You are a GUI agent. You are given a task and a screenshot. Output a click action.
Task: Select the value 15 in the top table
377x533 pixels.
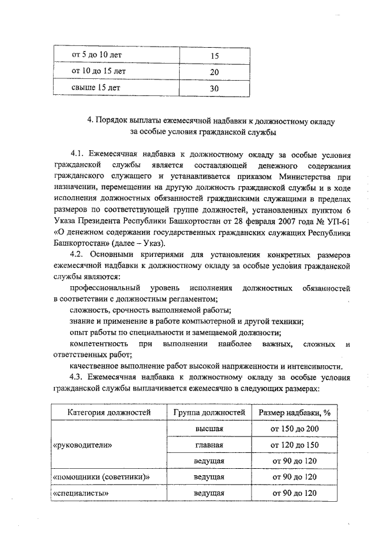click(x=214, y=56)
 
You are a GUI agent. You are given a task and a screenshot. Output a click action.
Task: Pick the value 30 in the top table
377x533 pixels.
click(x=214, y=88)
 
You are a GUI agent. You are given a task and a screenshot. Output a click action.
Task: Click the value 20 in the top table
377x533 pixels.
click(x=214, y=72)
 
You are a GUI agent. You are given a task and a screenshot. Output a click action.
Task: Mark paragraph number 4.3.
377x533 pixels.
click(x=77, y=378)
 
